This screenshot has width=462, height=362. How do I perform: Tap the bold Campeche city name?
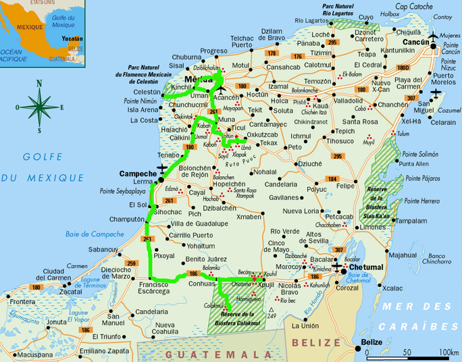point(138,174)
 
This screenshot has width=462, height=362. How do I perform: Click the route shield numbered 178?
point(272,53)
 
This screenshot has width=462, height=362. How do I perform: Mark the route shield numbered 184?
point(332,178)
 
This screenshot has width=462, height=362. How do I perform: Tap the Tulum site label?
point(403,134)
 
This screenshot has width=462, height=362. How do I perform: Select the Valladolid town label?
point(348,100)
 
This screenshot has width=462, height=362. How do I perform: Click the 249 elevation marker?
point(272,315)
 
